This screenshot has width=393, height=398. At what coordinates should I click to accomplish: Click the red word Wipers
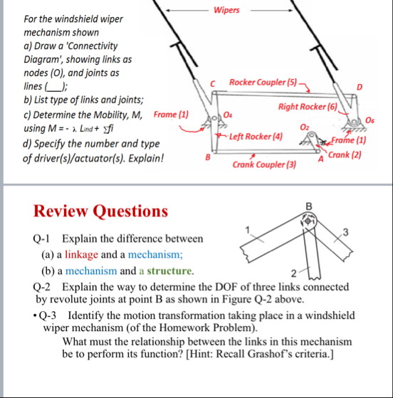226,10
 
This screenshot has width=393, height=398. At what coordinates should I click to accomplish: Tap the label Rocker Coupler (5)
263,83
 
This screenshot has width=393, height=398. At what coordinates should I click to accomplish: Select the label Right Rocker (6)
308,107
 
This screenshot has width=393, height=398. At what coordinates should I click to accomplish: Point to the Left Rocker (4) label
256,137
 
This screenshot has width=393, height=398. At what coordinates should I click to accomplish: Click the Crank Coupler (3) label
264,164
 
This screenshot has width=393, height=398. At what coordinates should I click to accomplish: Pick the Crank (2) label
345,155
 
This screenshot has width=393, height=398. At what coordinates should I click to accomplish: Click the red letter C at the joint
212,84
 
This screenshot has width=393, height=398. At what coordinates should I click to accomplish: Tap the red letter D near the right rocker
360,87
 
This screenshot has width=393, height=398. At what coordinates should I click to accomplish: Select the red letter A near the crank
321,159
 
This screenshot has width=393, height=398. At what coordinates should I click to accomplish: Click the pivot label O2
305,127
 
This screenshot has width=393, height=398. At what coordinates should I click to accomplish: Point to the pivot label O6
370,120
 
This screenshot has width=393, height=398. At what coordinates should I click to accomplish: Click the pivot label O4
228,115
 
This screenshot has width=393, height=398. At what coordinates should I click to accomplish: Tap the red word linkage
81,254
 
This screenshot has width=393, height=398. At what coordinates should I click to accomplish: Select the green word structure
169,271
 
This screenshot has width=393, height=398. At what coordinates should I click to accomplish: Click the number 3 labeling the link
345,232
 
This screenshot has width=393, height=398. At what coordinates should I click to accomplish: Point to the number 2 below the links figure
294,273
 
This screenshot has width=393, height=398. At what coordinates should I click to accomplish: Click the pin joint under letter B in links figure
308,221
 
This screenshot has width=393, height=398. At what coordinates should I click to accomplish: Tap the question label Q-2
41,287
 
